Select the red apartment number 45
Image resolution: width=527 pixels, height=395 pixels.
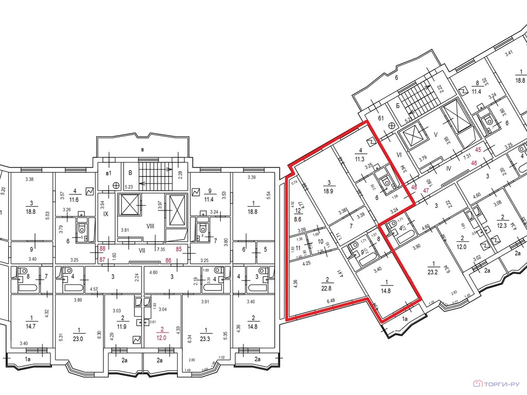478,150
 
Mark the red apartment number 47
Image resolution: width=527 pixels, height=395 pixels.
426,190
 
